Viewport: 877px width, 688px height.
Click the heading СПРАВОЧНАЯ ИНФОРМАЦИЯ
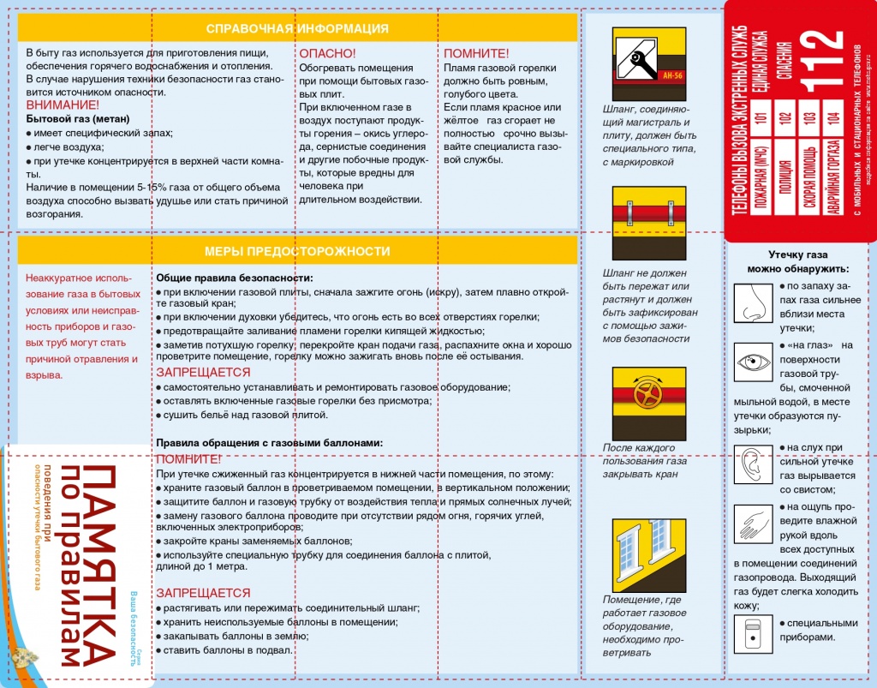coord(297,29)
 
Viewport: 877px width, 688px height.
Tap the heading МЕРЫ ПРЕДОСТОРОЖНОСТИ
coord(297,251)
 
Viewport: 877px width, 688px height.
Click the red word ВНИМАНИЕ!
coord(63,105)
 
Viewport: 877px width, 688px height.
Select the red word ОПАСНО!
coord(327,53)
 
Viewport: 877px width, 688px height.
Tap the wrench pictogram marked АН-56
coord(648,65)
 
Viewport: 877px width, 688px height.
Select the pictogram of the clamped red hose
coord(648,224)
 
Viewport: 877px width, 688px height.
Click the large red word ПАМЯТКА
coord(100,565)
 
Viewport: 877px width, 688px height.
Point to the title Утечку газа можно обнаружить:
coord(797,261)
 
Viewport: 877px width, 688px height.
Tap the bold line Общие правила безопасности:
coord(234,278)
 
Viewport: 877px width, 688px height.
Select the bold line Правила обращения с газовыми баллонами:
coord(269,443)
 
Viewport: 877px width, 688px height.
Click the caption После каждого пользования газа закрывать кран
coord(644,460)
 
